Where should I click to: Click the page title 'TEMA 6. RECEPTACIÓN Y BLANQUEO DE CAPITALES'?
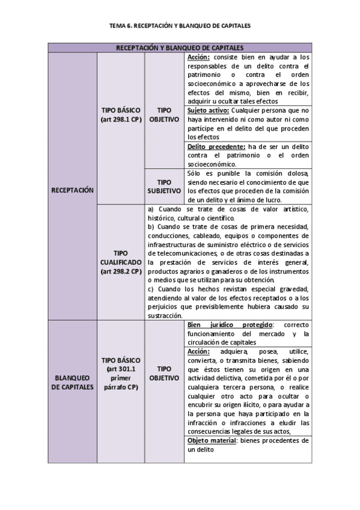click(180, 26)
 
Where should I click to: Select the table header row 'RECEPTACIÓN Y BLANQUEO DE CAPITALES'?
click(180, 48)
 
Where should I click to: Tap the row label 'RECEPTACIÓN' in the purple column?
click(73, 189)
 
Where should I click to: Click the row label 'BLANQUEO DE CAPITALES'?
click(73, 382)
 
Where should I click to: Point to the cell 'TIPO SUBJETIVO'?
click(163, 186)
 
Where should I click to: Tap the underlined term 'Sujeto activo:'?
click(207, 111)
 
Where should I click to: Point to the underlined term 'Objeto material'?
click(212, 440)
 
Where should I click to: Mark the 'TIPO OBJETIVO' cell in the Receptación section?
click(163, 115)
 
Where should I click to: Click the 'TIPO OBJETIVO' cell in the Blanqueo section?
click(163, 373)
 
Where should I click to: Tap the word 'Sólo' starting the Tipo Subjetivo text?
click(196, 173)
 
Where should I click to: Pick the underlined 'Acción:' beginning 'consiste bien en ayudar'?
click(198, 57)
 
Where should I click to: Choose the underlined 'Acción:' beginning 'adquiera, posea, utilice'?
click(198, 351)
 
